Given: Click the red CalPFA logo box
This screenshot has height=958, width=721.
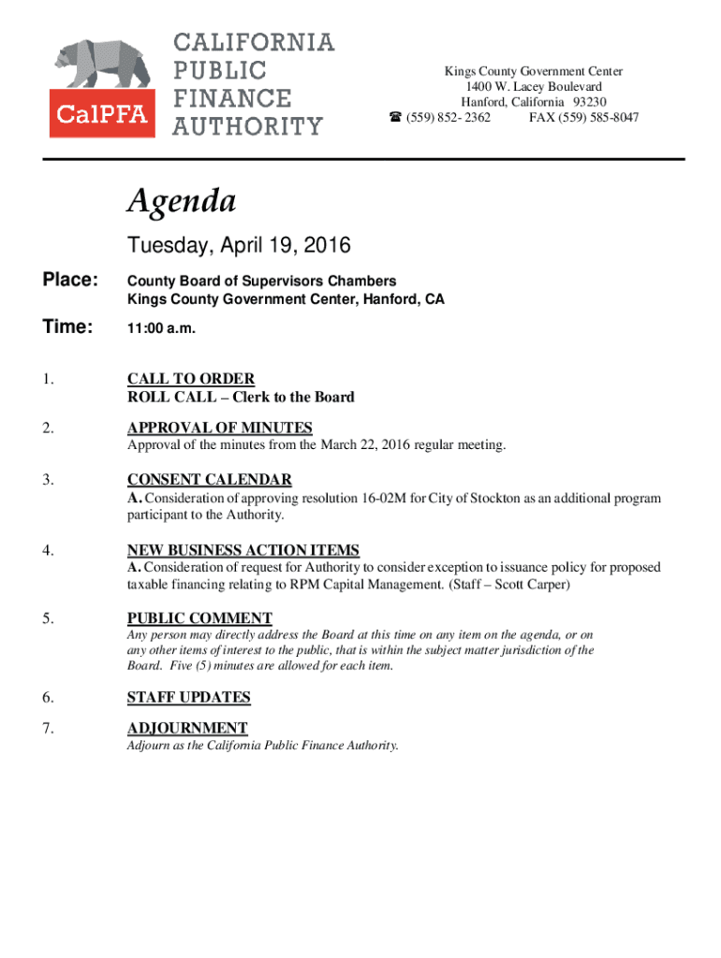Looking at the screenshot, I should (103, 114).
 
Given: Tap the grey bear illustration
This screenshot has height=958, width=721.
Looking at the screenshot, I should (101, 64).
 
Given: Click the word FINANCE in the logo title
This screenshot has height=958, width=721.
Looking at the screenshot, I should (232, 98).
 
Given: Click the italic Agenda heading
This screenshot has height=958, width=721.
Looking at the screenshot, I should (182, 200).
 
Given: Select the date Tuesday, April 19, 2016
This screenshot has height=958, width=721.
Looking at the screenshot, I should (239, 246).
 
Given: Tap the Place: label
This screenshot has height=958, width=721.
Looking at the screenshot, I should (69, 281).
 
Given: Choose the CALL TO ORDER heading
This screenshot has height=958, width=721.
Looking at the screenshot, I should (191, 379).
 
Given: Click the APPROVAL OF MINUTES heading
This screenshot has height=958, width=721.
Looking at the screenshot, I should (220, 428).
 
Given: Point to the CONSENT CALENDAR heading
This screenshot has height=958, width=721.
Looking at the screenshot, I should (210, 480).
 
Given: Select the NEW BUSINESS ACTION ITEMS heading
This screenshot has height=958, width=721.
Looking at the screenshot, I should (243, 550).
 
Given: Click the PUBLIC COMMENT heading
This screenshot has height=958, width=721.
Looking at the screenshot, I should (199, 618).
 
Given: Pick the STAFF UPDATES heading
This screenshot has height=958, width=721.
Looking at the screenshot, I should (189, 697).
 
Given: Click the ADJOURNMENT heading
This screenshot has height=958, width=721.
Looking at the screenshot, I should (187, 728).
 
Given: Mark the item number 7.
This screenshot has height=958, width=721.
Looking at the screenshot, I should (46, 728).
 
